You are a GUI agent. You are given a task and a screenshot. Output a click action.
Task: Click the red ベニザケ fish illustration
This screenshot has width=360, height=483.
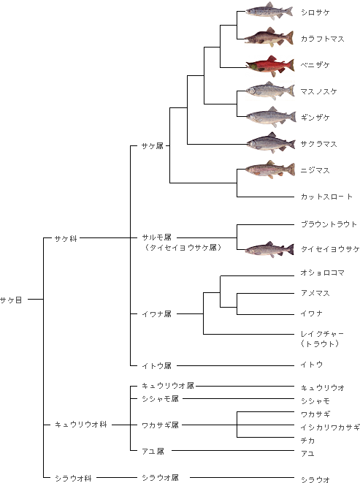[x=270, y=66]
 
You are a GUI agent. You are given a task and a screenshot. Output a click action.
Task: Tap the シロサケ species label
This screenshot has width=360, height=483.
[x=315, y=12]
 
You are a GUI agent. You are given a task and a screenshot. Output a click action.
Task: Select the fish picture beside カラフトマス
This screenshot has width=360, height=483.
[x=269, y=37]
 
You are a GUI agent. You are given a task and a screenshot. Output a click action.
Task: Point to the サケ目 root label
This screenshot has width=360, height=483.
[x=11, y=300]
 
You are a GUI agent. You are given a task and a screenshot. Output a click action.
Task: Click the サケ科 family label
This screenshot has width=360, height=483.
[x=66, y=238]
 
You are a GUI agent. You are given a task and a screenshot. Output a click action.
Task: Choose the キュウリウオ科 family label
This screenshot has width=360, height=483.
[x=80, y=425]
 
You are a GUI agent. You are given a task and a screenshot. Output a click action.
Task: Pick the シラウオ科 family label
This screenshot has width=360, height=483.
[x=73, y=478]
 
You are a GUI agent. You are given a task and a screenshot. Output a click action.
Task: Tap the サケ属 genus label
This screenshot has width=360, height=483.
[x=152, y=146]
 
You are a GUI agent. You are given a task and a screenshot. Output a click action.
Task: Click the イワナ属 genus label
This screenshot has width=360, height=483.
[x=156, y=314]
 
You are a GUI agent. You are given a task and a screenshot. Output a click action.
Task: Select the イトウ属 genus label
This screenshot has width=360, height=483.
[x=156, y=365]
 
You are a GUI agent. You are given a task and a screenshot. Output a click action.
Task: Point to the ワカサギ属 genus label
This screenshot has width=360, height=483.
[x=160, y=425]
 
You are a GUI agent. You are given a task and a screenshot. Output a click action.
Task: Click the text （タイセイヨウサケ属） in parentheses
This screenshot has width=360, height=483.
[x=183, y=248]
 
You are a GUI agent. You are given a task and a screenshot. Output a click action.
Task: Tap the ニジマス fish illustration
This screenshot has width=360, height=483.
[x=270, y=169]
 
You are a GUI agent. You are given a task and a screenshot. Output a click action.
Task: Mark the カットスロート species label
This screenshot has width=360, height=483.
[x=326, y=197]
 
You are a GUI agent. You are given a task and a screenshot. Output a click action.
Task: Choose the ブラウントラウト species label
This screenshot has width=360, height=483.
[x=329, y=224]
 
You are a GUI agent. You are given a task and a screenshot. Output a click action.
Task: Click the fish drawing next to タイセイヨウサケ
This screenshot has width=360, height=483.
[x=269, y=249]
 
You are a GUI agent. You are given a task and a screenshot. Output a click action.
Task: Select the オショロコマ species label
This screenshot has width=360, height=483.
[x=323, y=273]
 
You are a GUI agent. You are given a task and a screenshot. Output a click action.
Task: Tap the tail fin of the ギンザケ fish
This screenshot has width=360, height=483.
[x=291, y=118]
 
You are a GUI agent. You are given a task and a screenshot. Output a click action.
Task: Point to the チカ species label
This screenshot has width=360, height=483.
[x=307, y=441]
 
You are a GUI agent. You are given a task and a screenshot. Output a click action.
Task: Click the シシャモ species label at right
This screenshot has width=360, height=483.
[x=315, y=400]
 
